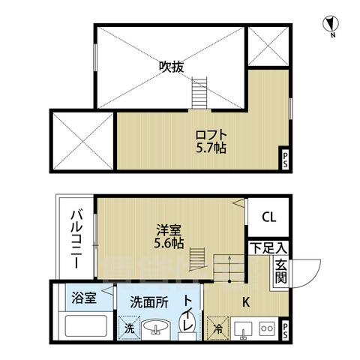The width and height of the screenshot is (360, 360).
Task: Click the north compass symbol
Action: click(x=331, y=25)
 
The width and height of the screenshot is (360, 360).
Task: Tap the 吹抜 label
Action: click(x=172, y=67)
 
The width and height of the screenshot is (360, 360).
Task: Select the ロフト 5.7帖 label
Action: click(x=211, y=142)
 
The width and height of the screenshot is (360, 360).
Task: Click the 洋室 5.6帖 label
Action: click(x=169, y=236)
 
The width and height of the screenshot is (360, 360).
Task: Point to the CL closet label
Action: click(x=269, y=217)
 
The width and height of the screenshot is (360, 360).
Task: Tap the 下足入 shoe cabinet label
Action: click(x=268, y=248)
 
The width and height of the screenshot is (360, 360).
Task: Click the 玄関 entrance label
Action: click(x=281, y=271)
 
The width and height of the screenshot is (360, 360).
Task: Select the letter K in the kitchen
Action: click(x=246, y=302)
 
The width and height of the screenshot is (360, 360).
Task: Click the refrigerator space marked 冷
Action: click(x=217, y=328)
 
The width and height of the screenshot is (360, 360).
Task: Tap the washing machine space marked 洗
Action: click(x=129, y=328)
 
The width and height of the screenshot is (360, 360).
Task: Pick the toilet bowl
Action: click(x=187, y=325)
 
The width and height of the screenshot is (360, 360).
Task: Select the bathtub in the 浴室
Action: click(x=85, y=325)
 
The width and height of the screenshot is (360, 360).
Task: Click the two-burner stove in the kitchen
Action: click(x=267, y=328)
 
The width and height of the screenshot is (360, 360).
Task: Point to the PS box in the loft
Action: click(x=285, y=160)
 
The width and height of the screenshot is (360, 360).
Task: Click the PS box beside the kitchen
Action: click(x=285, y=331)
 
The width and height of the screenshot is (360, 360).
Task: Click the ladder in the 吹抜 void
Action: click(x=199, y=93)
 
